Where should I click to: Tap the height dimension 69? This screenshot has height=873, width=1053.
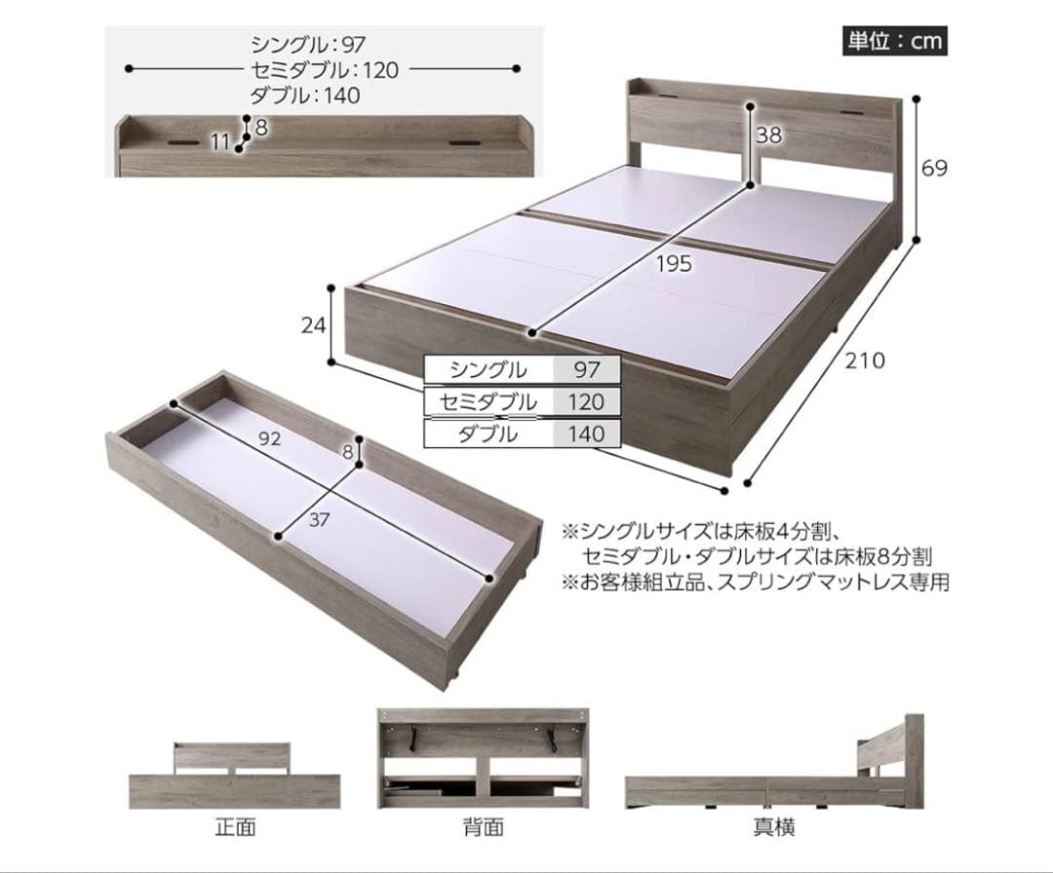[x=934, y=168]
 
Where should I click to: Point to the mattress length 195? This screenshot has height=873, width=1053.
[x=673, y=262]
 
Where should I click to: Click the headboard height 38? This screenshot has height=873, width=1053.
[x=769, y=136]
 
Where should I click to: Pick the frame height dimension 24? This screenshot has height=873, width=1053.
[x=313, y=325]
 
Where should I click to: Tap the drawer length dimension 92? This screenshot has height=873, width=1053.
[x=270, y=438]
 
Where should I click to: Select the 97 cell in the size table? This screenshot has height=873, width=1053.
[x=586, y=369]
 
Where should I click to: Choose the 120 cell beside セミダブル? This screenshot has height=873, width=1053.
[x=586, y=401]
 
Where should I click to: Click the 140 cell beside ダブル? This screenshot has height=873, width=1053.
[x=586, y=435]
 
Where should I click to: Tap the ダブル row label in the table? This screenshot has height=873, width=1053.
[x=487, y=435]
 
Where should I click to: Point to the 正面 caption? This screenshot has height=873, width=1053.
[x=235, y=828]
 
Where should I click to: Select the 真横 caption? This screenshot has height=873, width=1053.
[x=773, y=828]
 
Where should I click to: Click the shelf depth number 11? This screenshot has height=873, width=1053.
[x=220, y=142]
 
